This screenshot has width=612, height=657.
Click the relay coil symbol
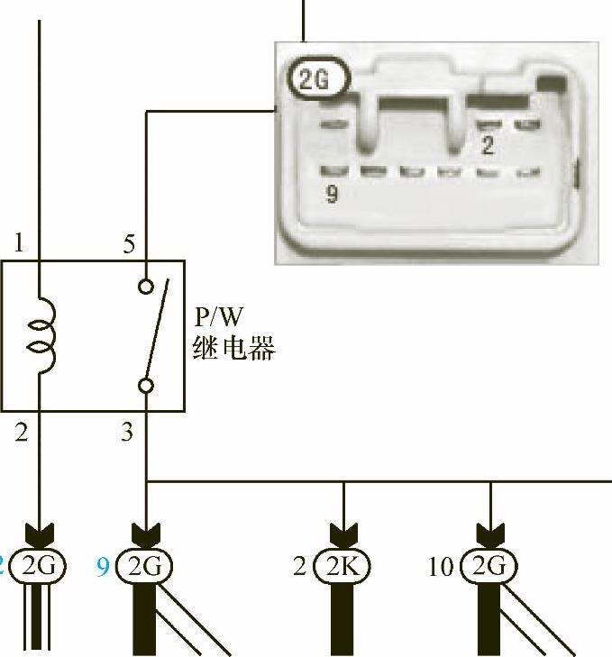tap(42, 334)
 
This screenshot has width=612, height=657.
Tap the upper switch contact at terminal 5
tap(146, 287)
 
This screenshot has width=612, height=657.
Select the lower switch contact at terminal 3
tap(146, 386)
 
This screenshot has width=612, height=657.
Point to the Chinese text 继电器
tap(233, 348)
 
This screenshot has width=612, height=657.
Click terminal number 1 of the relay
tap(21, 243)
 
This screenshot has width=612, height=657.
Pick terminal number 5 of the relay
tap(129, 243)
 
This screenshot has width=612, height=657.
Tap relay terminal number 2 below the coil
tap(21, 432)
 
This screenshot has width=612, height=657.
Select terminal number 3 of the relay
tap(128, 432)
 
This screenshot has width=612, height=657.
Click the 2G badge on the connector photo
tap(317, 81)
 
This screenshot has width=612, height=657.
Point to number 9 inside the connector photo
tap(332, 194)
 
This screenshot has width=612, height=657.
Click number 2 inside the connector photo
tap(488, 145)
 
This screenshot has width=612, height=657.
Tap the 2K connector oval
tap(343, 566)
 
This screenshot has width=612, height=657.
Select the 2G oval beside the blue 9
tap(145, 566)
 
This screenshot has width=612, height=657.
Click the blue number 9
tap(104, 567)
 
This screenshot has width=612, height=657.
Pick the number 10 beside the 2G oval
tap(441, 567)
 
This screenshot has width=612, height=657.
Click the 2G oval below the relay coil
tap(38, 566)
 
